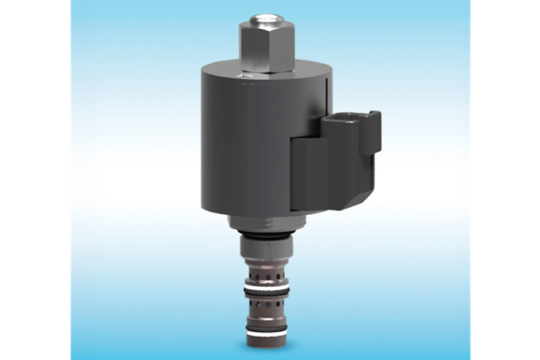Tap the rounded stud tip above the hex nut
(264, 18)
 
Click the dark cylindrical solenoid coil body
(252, 150)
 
